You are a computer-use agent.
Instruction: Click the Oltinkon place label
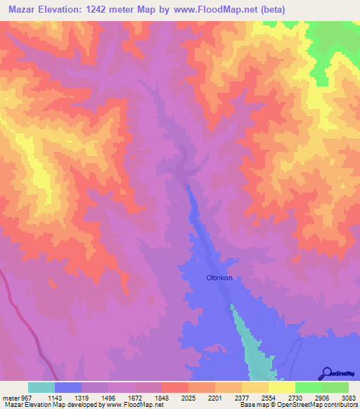click(219, 278)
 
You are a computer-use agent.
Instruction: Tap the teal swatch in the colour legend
click(41, 387)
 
